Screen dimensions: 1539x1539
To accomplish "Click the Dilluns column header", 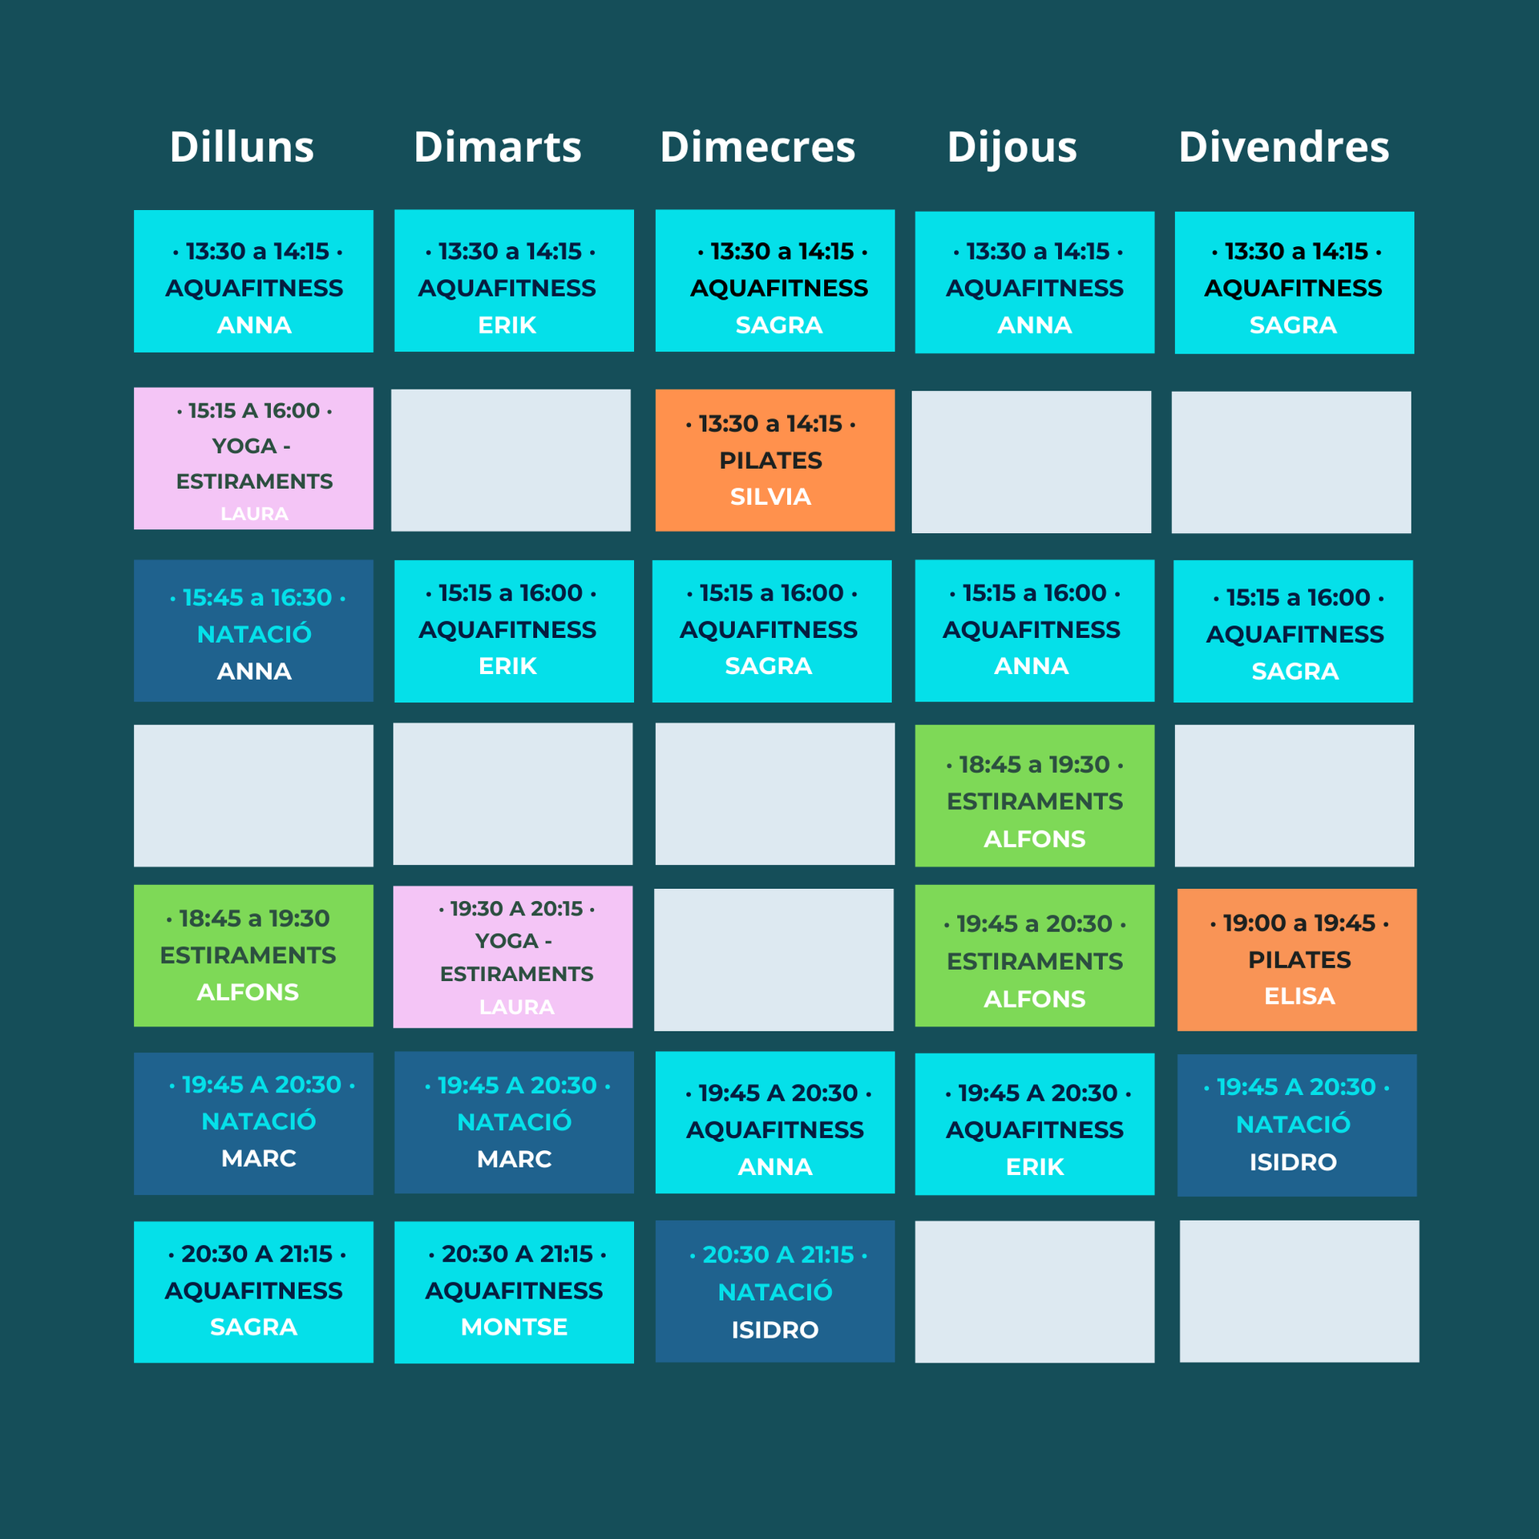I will (x=241, y=147).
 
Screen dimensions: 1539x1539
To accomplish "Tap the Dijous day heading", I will (x=1012, y=147).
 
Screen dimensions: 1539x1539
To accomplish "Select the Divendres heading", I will (x=1283, y=147).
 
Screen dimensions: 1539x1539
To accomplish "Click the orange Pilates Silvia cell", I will (x=774, y=460).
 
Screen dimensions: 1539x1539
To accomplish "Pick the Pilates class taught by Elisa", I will (x=1296, y=959).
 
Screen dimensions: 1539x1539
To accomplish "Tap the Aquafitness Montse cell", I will (x=514, y=1291).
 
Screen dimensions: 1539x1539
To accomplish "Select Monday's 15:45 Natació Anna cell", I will (x=253, y=631).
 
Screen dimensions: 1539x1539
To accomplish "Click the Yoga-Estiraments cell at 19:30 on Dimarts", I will (x=512, y=956).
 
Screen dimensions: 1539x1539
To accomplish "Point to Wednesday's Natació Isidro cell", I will (x=774, y=1291).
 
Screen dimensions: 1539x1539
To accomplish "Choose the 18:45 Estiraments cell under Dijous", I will (x=1034, y=795).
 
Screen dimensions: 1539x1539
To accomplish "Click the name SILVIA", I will (x=770, y=497).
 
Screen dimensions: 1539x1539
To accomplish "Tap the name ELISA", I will (x=1299, y=996).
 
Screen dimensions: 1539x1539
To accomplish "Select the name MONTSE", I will (x=514, y=1327).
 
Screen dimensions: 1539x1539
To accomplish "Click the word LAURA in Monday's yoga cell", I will (x=254, y=514).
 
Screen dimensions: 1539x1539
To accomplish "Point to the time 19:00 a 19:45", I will (x=1299, y=923).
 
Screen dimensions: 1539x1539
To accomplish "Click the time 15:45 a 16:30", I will (x=256, y=597).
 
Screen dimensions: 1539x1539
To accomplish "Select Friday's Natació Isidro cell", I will (x=1296, y=1125).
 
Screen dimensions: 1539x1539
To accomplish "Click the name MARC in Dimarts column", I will (x=514, y=1159).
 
